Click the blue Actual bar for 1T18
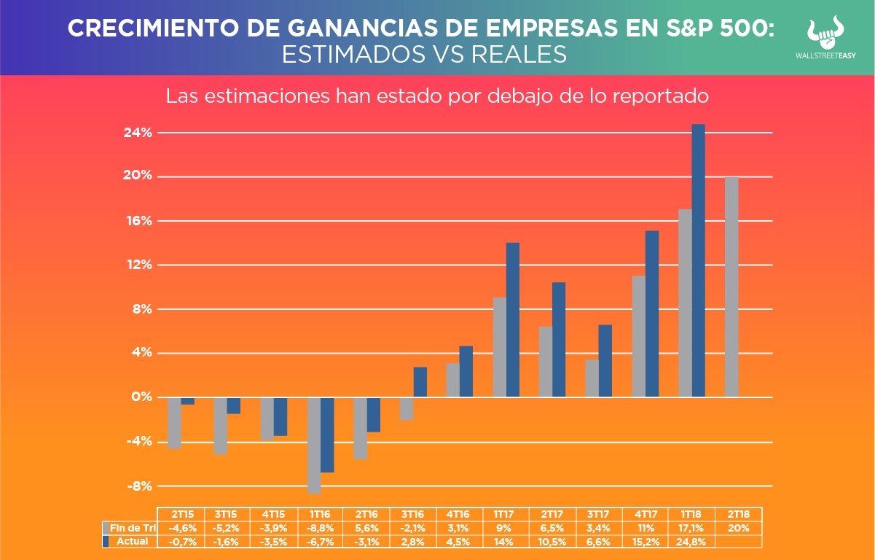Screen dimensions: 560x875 (698, 260)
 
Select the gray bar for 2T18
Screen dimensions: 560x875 (731, 287)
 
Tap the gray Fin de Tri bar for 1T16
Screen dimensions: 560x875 (314, 446)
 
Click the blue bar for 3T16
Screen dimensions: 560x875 (420, 382)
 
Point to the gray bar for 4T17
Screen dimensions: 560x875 (639, 336)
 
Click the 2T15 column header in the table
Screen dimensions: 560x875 (181, 514)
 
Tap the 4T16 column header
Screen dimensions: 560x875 (458, 514)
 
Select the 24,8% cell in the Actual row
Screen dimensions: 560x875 (691, 542)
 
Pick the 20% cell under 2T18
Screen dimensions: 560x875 (738, 528)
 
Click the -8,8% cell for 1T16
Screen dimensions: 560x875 (320, 528)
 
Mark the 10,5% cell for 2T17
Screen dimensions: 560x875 (552, 542)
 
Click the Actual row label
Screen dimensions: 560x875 (132, 542)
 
